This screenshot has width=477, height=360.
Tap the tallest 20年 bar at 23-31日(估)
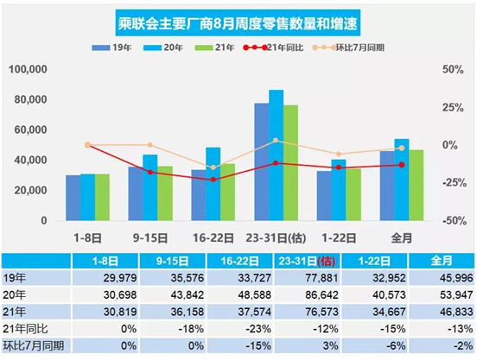pyautogui.click(x=276, y=155)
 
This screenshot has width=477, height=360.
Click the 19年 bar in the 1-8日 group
pyautogui.click(x=73, y=198)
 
